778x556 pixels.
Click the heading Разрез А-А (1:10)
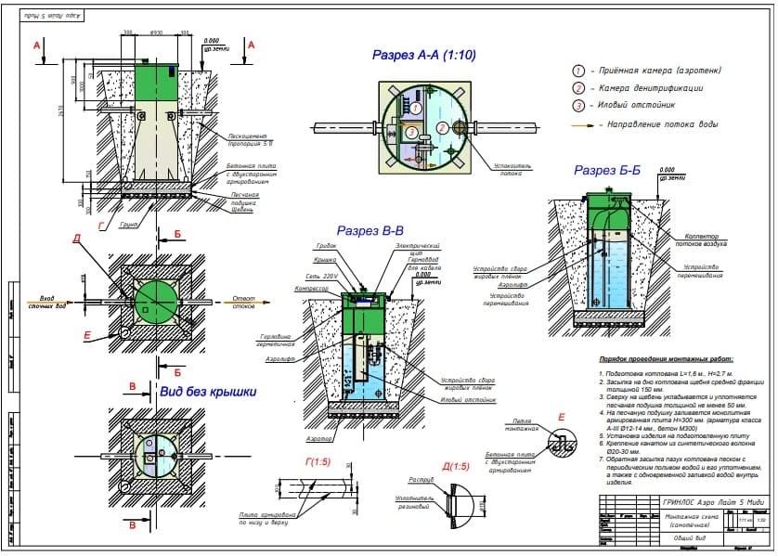423,56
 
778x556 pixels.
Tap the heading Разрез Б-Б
608,171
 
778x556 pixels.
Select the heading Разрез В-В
370,230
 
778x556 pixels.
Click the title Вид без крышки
207,393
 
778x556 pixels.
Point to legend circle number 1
578,71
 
